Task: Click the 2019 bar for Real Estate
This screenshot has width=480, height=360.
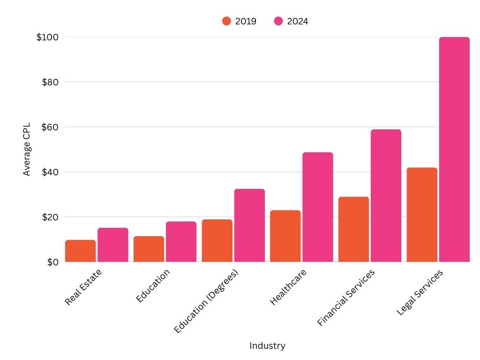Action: [x=80, y=251]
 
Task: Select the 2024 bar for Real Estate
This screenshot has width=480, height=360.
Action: [x=113, y=245]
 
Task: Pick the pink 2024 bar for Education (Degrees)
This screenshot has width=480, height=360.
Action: [x=249, y=225]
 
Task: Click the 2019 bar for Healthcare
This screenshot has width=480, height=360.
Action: [x=285, y=236]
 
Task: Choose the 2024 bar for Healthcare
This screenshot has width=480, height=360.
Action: [x=317, y=207]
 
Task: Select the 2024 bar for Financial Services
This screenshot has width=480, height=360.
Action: [x=386, y=196]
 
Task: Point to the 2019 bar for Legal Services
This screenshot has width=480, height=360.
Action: [x=422, y=215]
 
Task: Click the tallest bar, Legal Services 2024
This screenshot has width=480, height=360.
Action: [x=454, y=150]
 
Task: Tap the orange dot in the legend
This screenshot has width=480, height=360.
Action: [x=226, y=21]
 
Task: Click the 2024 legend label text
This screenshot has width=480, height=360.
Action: [x=298, y=21]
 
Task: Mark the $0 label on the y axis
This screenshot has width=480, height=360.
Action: [x=52, y=262]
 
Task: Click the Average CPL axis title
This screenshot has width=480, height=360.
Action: [x=27, y=150]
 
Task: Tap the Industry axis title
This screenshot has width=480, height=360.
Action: [x=267, y=346]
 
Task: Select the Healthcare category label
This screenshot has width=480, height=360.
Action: [x=288, y=287]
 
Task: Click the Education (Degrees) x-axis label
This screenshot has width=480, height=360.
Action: [x=206, y=301]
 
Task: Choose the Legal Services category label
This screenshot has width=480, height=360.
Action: [x=420, y=292]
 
